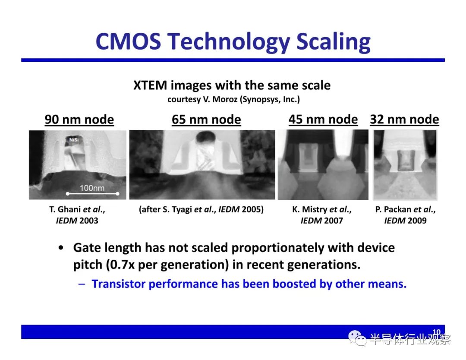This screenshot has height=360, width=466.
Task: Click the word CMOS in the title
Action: coord(128,41)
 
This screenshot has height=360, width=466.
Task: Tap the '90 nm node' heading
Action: coord(79,120)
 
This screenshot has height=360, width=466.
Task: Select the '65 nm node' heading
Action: coord(206,120)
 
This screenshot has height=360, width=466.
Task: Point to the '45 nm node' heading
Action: coord(323,119)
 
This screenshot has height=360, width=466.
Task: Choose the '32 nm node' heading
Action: coord(404,119)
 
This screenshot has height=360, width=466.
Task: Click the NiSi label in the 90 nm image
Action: coord(74,140)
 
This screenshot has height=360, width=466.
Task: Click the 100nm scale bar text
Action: coord(92,188)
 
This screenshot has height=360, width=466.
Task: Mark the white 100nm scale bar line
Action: coord(93,194)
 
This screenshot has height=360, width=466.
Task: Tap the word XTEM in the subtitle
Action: coord(150,85)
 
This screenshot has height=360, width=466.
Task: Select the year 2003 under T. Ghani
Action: coord(88,221)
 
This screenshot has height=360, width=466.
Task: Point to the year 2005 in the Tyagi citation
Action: coord(252,209)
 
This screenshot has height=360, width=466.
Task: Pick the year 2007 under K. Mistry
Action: coord(333,221)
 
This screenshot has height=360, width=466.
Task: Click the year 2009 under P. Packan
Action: coord(416,221)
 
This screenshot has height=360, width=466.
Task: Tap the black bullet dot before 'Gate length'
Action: coord(61,248)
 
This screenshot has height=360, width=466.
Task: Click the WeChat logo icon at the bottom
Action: coord(357,338)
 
